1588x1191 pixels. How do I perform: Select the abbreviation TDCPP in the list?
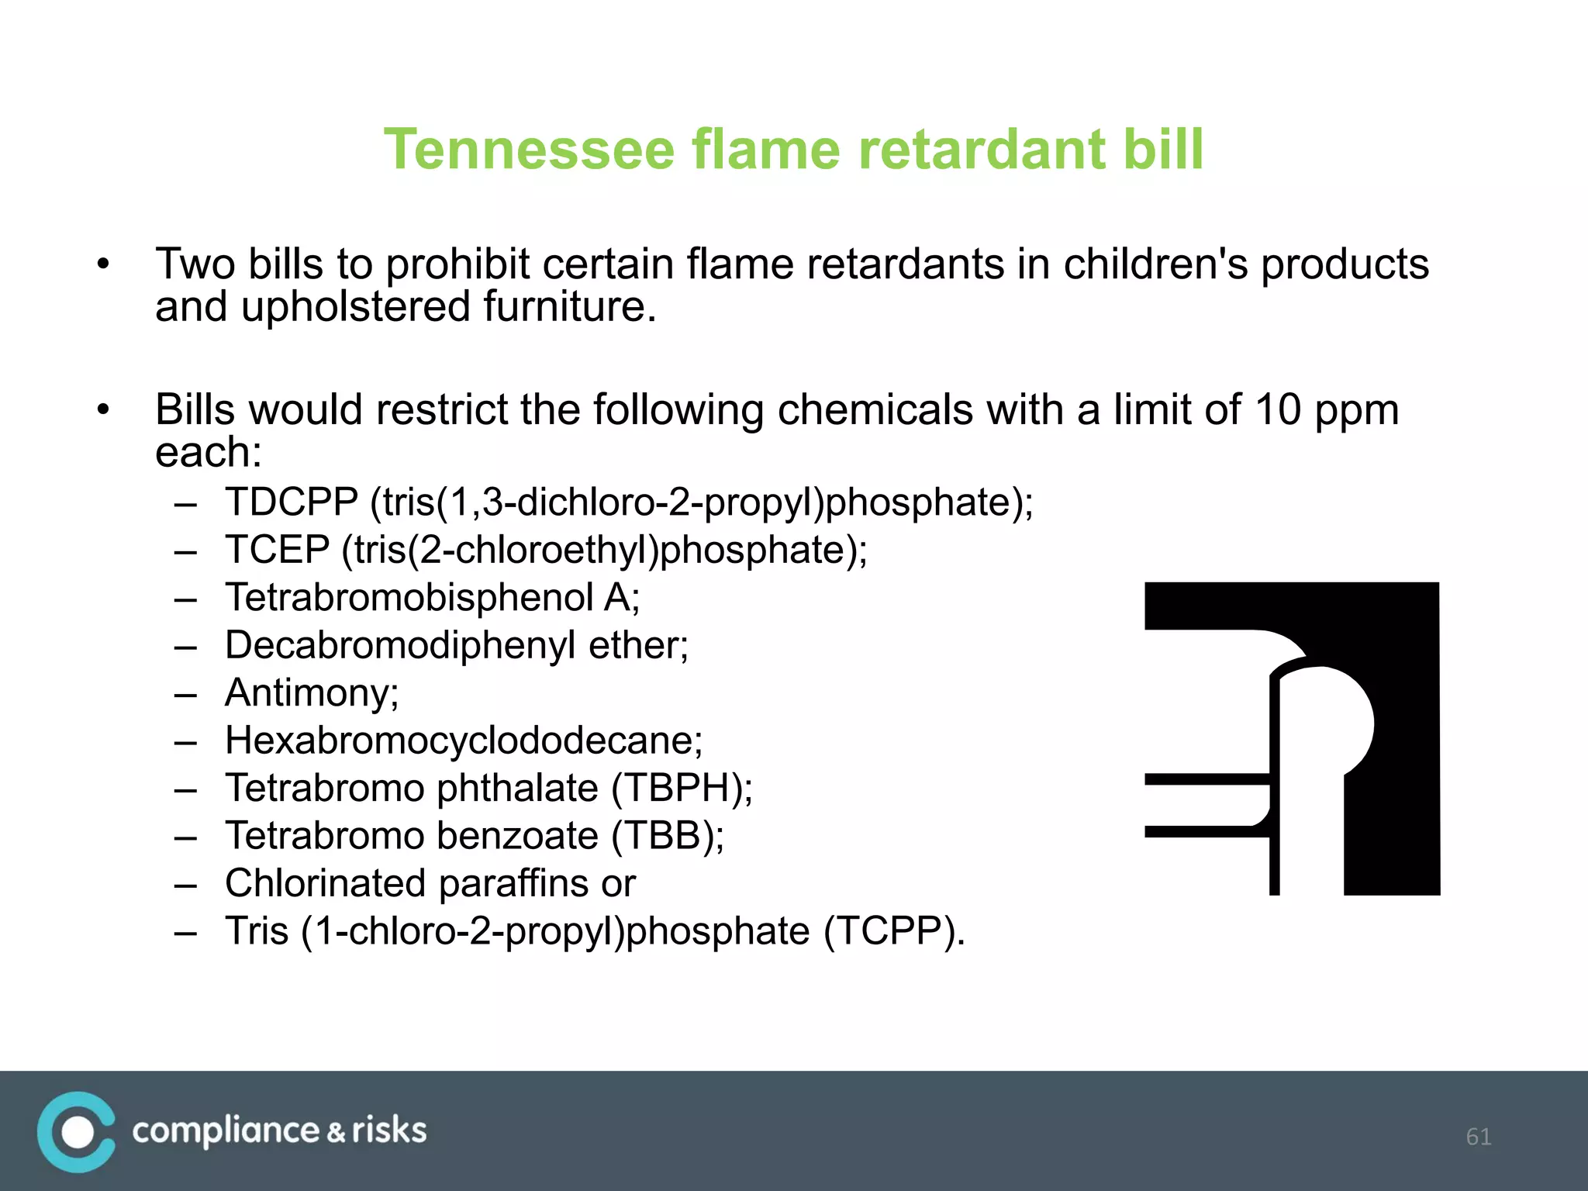point(292,502)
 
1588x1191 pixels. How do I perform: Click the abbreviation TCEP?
point(277,550)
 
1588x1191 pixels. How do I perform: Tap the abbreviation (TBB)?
point(668,836)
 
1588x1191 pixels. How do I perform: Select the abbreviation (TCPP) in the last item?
point(893,931)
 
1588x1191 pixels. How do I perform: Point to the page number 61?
point(1478,1137)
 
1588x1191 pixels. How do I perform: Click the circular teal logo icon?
point(76,1132)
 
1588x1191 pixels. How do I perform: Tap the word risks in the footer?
point(389,1131)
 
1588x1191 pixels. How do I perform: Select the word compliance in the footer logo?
point(226,1131)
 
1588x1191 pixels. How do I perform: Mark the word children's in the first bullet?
point(1155,264)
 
